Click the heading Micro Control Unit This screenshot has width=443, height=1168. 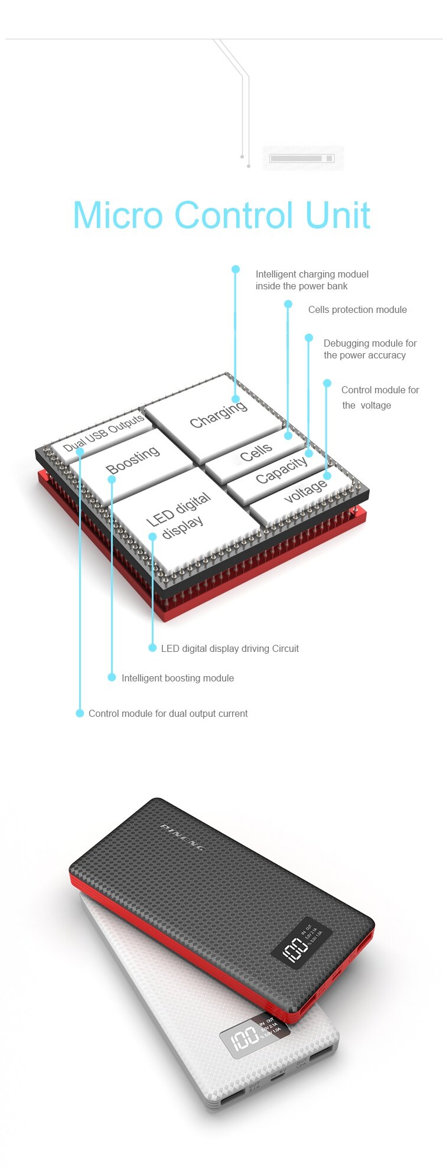coord(221,215)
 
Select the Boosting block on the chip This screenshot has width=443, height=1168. coord(132,460)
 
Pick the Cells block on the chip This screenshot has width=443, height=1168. coord(256,454)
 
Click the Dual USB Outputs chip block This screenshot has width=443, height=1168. coord(103,433)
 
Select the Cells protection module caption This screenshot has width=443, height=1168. coord(357,309)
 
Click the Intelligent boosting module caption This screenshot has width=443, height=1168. coord(177,678)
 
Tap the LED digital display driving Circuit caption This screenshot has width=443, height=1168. coord(230,648)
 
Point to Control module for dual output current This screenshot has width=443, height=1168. coord(168,713)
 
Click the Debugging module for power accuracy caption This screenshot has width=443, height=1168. coord(370,349)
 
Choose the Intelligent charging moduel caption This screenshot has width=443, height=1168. coord(312,280)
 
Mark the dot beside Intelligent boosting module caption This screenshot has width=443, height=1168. coord(112,677)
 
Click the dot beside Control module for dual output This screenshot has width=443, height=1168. coord(80,713)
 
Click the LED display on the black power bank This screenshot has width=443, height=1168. coord(301,942)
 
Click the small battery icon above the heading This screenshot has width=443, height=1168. coord(302,158)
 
